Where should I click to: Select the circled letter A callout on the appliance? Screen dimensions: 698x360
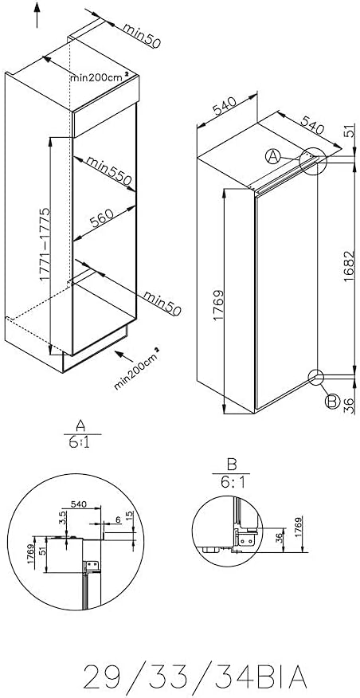point(273,156)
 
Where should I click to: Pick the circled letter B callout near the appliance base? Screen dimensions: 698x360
point(332,402)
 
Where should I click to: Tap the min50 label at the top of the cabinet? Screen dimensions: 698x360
point(142,36)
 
